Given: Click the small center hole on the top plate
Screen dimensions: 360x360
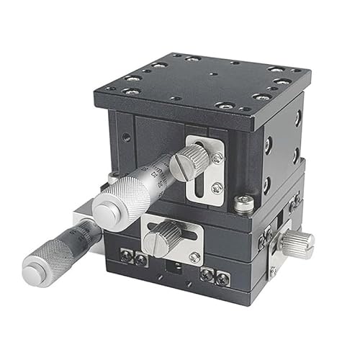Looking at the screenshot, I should click(210, 73).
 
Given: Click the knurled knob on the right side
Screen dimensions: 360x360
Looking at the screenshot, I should click(297, 243).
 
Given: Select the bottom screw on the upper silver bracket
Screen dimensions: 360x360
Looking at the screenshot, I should click(217, 188).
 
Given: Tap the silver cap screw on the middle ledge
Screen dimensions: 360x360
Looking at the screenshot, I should click(244, 204).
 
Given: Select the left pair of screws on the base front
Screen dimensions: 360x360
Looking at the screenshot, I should click(134, 258).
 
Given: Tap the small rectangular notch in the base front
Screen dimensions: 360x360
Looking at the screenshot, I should click(174, 267).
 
